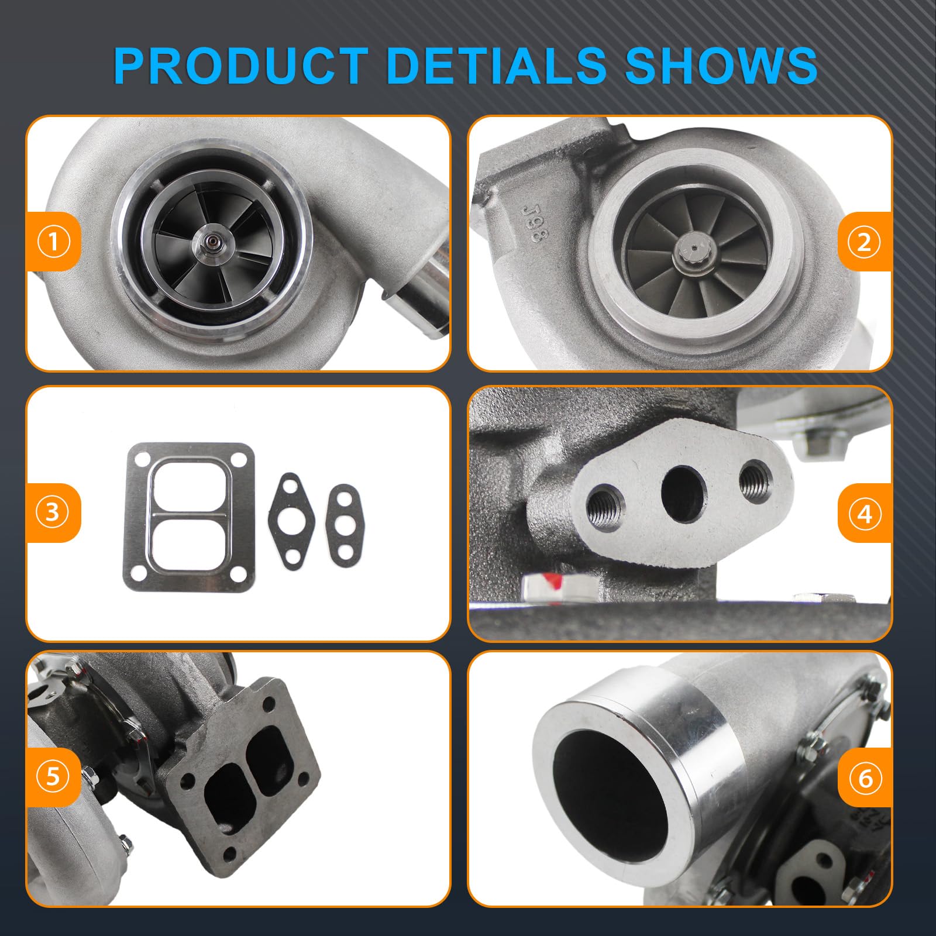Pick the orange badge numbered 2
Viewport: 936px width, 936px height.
tap(865, 242)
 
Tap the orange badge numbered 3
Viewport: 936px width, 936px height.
tap(53, 512)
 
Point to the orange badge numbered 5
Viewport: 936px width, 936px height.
tap(53, 777)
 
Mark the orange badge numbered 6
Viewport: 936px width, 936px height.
tap(865, 778)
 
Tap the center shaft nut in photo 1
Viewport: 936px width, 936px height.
tap(209, 242)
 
